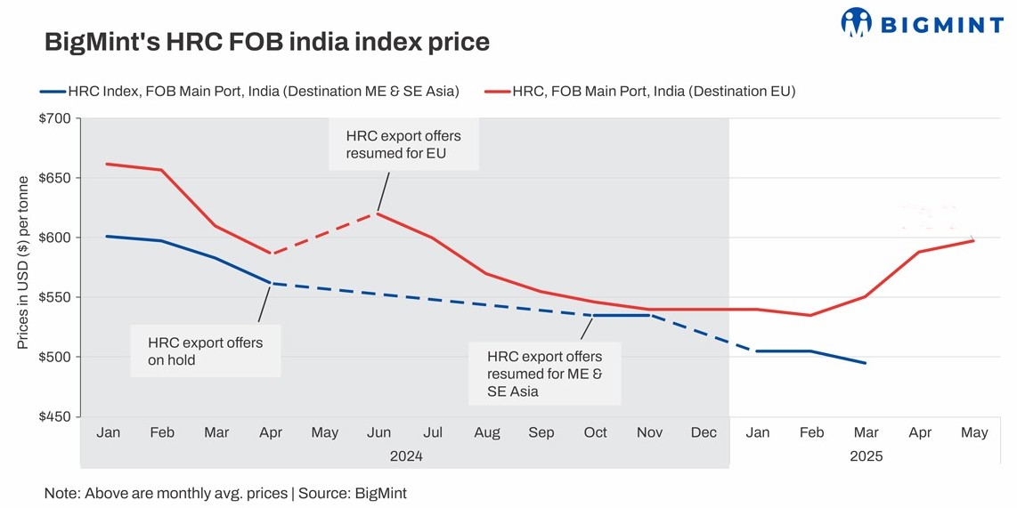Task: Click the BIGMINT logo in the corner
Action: tap(922, 22)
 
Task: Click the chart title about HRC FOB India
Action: tap(266, 42)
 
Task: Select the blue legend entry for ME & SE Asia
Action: tap(249, 90)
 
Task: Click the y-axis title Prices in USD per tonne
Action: tap(24, 262)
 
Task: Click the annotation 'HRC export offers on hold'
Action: tap(206, 351)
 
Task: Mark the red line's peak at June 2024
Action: tap(378, 214)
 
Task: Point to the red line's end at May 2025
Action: tap(973, 240)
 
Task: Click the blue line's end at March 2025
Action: tap(866, 363)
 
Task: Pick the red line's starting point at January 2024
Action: tap(108, 164)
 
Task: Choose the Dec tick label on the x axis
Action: tap(704, 432)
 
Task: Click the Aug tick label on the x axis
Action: tap(487, 432)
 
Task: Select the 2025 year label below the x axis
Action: tap(866, 456)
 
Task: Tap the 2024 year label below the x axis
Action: tap(406, 456)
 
